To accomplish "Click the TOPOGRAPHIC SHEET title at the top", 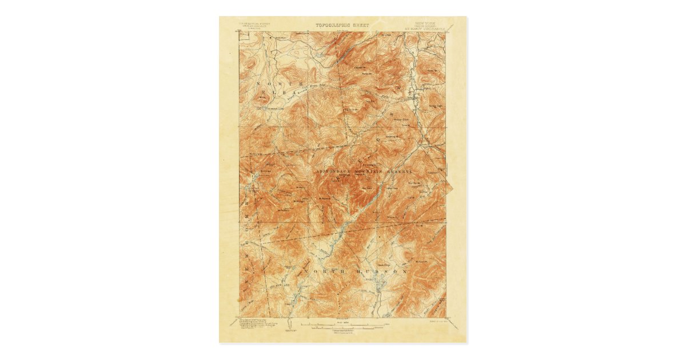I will (342, 25).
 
